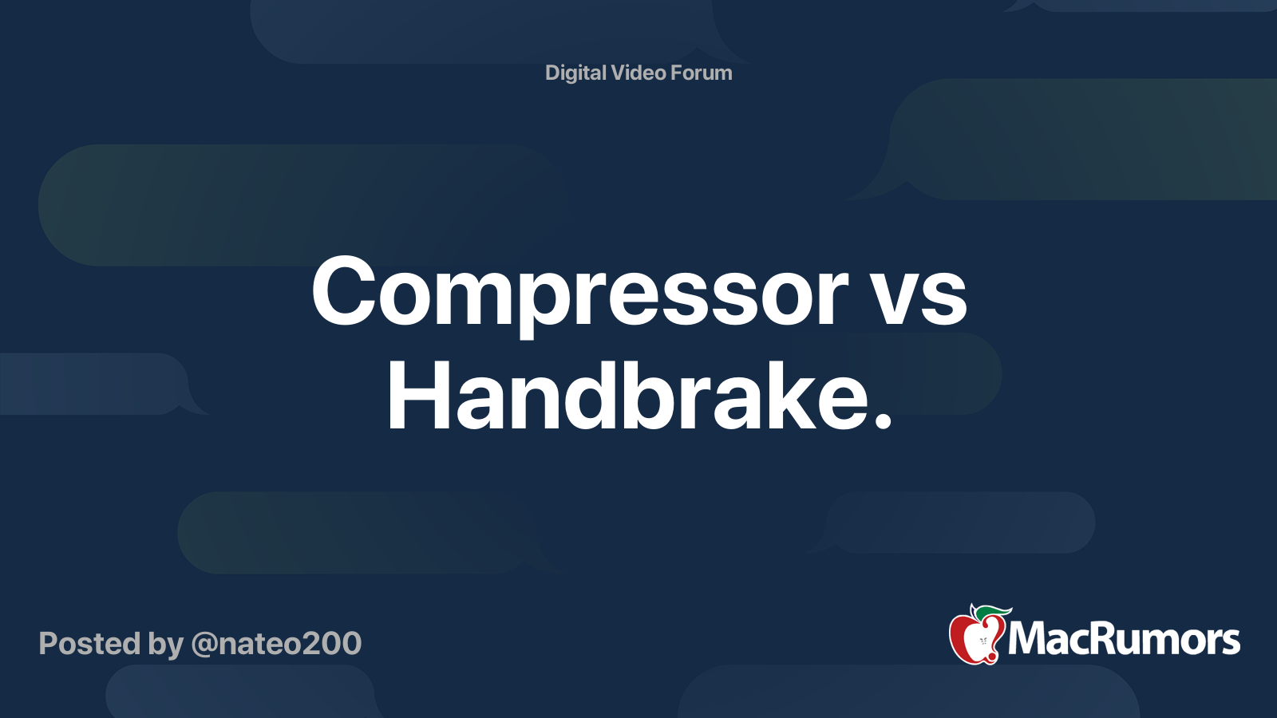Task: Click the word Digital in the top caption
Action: (575, 73)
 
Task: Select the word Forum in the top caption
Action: (701, 73)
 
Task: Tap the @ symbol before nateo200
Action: (204, 645)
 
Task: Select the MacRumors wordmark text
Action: (1124, 640)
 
